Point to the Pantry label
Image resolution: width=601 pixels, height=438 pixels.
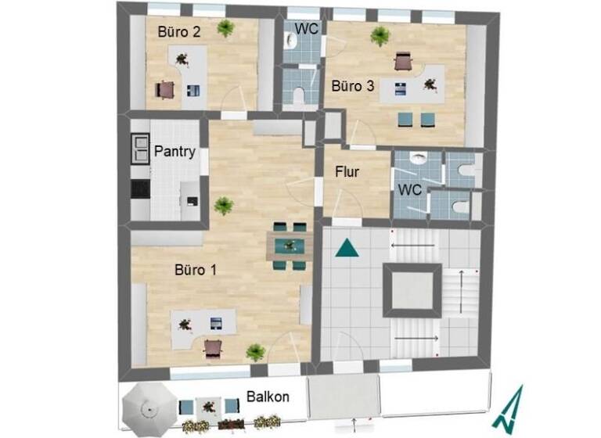click(175, 151)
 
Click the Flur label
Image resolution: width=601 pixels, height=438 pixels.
click(347, 171)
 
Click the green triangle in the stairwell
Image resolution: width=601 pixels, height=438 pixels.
click(346, 249)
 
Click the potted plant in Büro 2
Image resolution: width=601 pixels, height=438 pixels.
click(226, 29)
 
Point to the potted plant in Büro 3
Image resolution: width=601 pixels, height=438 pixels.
click(380, 35)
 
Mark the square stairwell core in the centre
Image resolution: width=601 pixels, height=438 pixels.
click(411, 288)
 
